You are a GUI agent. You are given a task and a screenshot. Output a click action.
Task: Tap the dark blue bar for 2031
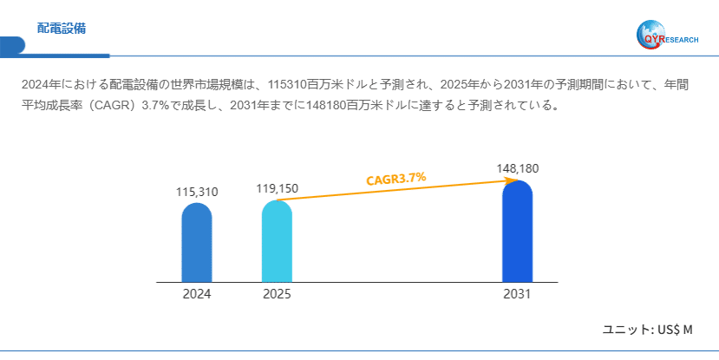coord(517,232)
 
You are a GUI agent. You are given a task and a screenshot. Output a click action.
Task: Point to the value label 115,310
coord(197,192)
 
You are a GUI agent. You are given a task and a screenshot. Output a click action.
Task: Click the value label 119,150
coord(277,188)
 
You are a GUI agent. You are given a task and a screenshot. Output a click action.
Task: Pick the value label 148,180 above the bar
coord(518,167)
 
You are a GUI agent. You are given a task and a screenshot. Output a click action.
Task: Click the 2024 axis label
coord(197,294)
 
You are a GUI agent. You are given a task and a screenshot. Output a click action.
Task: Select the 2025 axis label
coord(277,294)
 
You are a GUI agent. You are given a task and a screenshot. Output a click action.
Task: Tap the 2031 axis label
coord(517,294)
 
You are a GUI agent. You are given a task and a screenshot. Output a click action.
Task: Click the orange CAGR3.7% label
coord(395,179)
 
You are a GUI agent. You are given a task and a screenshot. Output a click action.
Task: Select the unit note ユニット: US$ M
coord(648,330)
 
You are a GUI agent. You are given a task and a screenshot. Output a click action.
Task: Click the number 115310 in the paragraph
coord(289,85)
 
